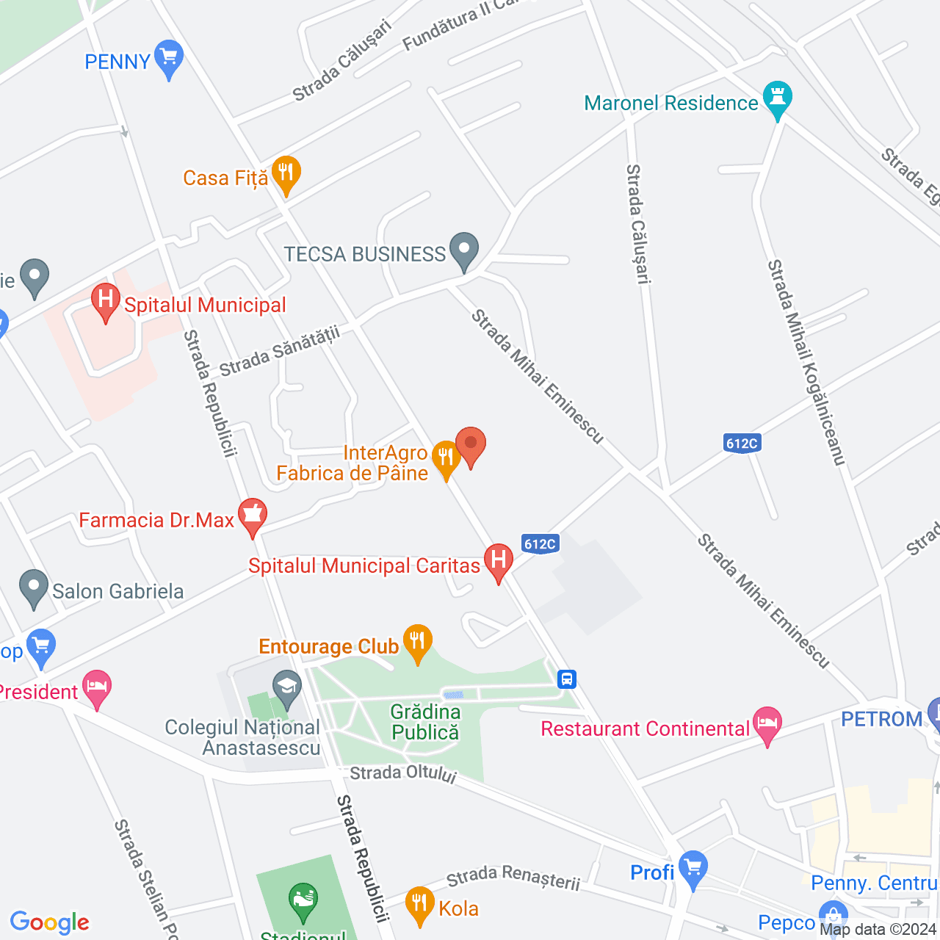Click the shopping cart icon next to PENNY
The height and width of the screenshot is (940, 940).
click(x=170, y=57)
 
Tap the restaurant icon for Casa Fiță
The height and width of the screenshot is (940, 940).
click(x=286, y=174)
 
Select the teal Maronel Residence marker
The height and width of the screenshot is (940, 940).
click(x=778, y=98)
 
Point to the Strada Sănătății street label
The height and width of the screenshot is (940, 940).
click(x=280, y=352)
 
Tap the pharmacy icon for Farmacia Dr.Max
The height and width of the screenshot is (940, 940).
click(x=253, y=516)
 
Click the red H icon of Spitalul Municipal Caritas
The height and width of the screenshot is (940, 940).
click(x=499, y=561)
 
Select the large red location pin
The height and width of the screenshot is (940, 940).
click(x=471, y=445)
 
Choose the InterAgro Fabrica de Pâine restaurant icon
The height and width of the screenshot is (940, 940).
click(x=446, y=458)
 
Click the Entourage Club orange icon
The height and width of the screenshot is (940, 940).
click(x=417, y=642)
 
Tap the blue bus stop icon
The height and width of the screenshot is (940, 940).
click(x=567, y=679)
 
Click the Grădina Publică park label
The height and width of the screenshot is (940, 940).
click(x=425, y=723)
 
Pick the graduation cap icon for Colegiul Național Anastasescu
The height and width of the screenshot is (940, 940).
click(x=286, y=687)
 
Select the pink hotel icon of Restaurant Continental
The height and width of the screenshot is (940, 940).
click(x=767, y=724)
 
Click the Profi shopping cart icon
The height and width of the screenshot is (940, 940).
click(x=693, y=868)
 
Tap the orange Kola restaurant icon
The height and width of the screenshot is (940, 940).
click(x=419, y=904)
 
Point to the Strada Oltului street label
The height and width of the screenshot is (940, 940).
click(x=403, y=774)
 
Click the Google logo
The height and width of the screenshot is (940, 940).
click(x=50, y=922)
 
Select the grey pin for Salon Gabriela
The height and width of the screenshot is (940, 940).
click(x=34, y=587)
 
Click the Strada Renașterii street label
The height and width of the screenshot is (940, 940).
click(x=513, y=878)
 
